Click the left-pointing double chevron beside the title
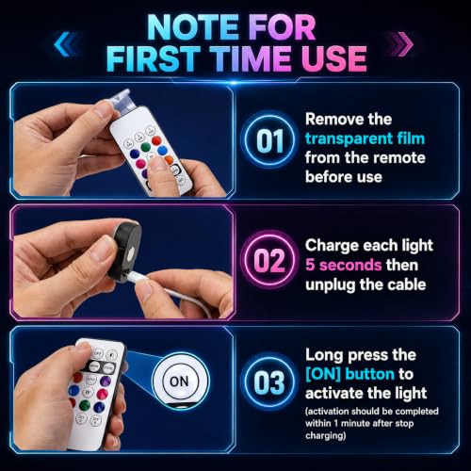point(65,44)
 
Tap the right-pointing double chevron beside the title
point(402,44)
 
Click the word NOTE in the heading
point(193,27)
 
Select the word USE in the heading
point(334,58)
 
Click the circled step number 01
point(269,140)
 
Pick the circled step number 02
point(269,260)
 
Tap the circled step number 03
point(269,382)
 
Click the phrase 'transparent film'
point(365,138)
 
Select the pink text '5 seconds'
point(343,265)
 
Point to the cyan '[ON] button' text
point(349,374)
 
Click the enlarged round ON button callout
point(180,382)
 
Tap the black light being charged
point(124,252)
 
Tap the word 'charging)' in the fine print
point(326,436)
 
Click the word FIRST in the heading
point(154,58)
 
